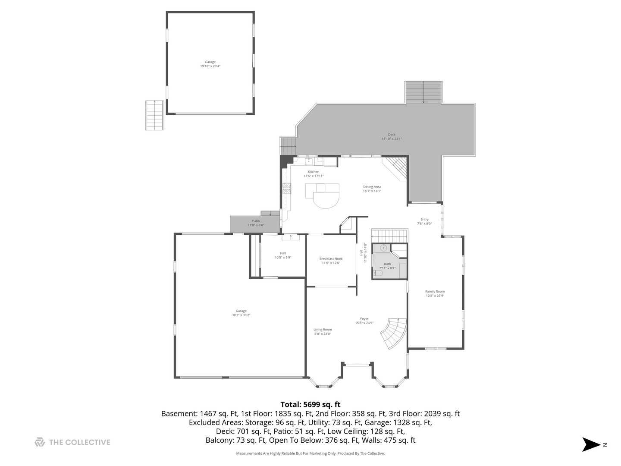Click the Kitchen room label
click(x=314, y=172)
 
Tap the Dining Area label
click(x=372, y=187)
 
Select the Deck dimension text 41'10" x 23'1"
click(x=392, y=139)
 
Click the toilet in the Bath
click(x=378, y=273)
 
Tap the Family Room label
click(x=435, y=292)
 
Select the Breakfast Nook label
click(x=331, y=259)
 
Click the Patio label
click(x=256, y=221)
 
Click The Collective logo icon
click(x=40, y=442)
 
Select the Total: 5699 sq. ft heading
click(x=310, y=405)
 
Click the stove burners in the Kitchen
click(x=287, y=188)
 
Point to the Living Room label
click(x=323, y=330)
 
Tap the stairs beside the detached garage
click(x=154, y=115)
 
